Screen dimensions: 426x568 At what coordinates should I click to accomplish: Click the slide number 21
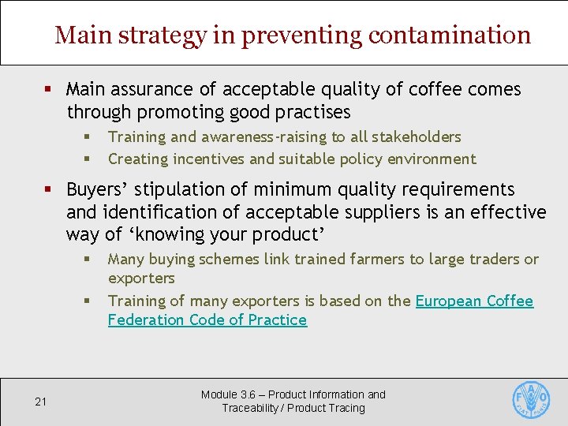[x=41, y=402]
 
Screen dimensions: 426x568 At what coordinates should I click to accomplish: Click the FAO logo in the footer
[x=531, y=399]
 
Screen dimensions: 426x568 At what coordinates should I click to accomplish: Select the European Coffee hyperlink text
[x=474, y=301]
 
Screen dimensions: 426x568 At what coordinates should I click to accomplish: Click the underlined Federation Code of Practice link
[x=207, y=319]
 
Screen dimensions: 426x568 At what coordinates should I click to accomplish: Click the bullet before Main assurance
[x=50, y=89]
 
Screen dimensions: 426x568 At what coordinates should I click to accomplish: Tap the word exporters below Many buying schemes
[x=141, y=278]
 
